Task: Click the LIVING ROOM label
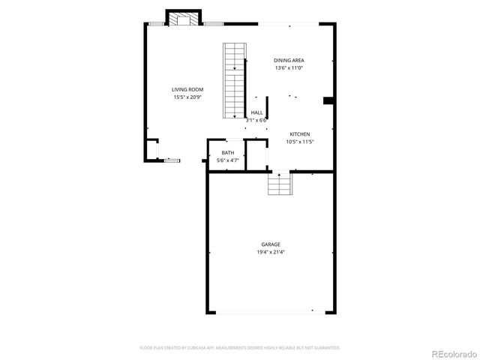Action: pos(187,89)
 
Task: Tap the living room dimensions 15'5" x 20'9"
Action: pos(187,97)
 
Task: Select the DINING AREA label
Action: pos(289,61)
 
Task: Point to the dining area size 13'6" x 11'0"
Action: pos(289,68)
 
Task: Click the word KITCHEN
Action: pos(300,134)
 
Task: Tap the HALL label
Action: pos(256,112)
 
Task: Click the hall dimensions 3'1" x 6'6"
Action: pos(256,120)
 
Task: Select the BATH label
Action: pos(227,153)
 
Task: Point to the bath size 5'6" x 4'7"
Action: pos(227,160)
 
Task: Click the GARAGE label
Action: pos(271,244)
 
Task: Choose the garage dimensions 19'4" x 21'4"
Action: pos(271,252)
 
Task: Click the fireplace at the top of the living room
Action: pos(184,19)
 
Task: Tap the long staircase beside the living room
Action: pos(235,80)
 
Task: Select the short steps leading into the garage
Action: pos(280,184)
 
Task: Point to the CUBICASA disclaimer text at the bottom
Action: pos(240,348)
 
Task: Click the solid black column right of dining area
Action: pos(328,100)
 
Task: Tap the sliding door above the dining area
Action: pos(289,25)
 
